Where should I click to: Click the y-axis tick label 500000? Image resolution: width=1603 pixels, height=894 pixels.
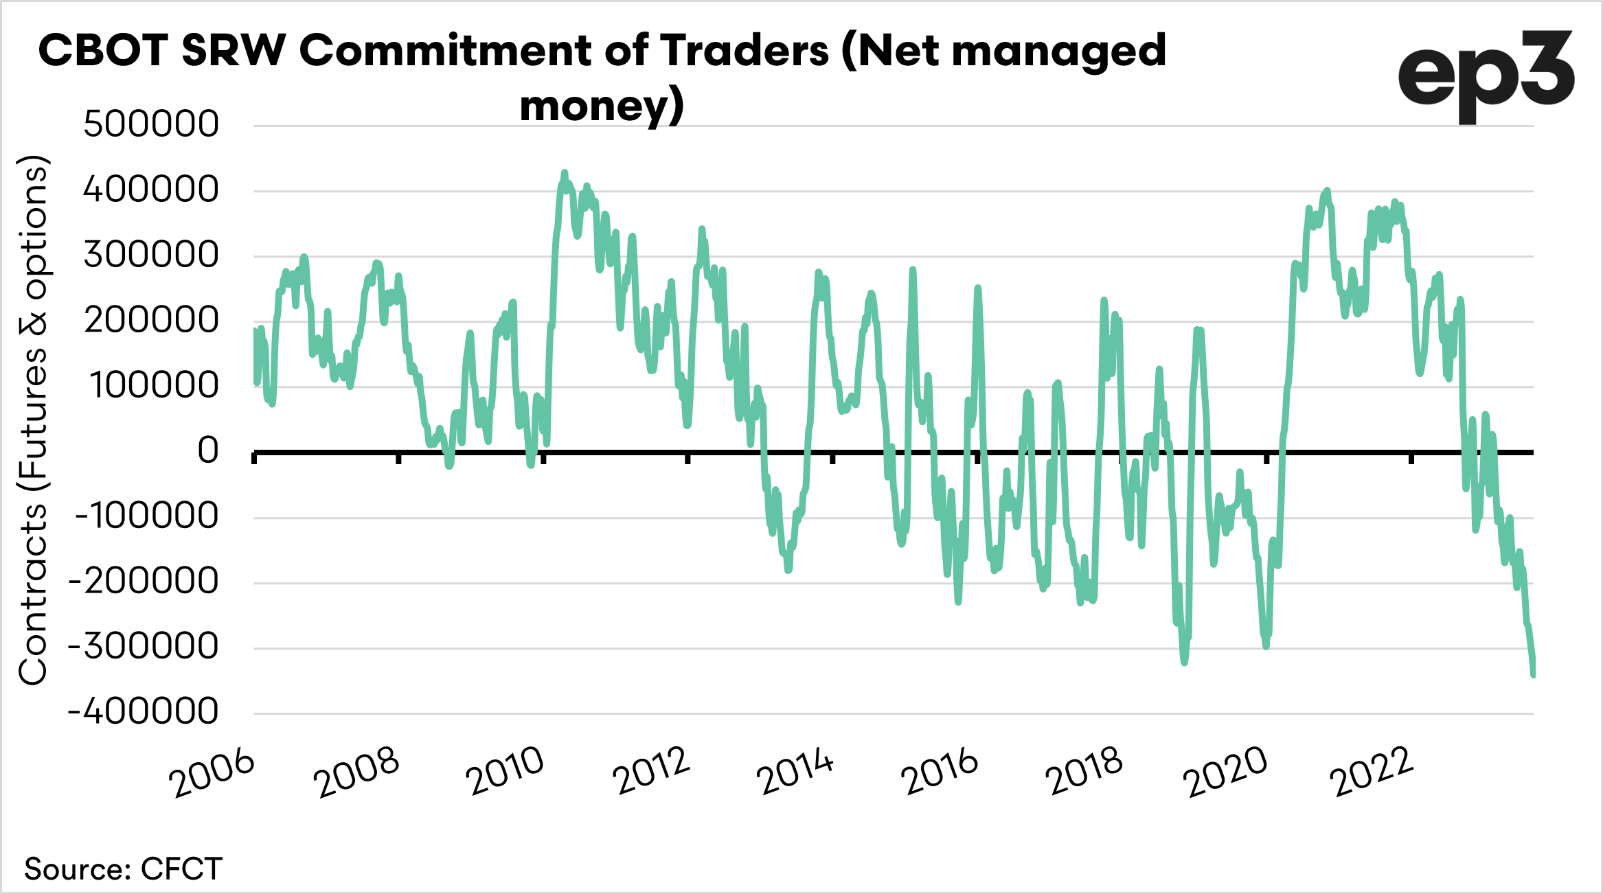click(x=151, y=124)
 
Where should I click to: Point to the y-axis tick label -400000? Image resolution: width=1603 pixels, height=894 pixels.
click(x=143, y=711)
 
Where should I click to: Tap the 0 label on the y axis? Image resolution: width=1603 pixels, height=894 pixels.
click(x=208, y=451)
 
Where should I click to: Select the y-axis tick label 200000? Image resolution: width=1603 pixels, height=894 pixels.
click(x=151, y=320)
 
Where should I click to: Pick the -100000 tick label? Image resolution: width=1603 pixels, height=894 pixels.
click(x=146, y=516)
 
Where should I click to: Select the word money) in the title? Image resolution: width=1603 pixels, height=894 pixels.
click(x=602, y=106)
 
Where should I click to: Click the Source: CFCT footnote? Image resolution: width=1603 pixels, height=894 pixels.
click(x=124, y=869)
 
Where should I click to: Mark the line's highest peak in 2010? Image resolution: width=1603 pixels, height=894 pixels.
click(x=565, y=173)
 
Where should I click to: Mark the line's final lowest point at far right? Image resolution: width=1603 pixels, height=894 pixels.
click(x=1533, y=676)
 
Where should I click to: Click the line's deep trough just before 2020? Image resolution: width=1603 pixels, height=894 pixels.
click(x=1266, y=646)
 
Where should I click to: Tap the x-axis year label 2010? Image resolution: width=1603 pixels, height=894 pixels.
click(x=505, y=772)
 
